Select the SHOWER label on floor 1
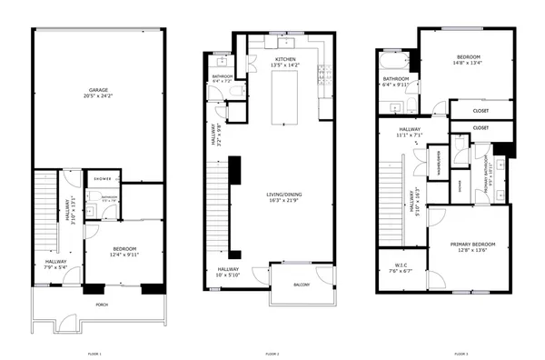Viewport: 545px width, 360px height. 102,179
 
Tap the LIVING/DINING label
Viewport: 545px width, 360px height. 283,197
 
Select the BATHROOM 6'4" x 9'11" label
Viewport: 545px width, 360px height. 396,81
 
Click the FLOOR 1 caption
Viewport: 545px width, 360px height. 94,353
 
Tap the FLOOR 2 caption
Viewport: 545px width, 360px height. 272,353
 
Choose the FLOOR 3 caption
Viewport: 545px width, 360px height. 461,353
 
